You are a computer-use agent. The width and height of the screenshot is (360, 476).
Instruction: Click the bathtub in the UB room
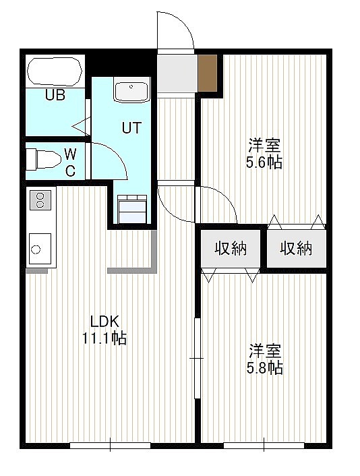pyautogui.click(x=55, y=71)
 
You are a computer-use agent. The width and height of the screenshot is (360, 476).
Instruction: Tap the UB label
pyautogui.click(x=55, y=95)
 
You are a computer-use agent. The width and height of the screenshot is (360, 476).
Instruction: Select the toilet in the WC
pyautogui.click(x=43, y=159)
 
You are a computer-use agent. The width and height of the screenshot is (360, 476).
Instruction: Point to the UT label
pyautogui.click(x=131, y=128)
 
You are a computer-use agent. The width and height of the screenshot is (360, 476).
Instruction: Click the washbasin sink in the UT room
pyautogui.click(x=131, y=90)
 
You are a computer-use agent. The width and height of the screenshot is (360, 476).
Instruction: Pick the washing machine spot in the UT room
pyautogui.click(x=132, y=209)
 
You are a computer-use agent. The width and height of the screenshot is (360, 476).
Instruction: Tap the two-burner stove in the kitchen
pyautogui.click(x=40, y=200)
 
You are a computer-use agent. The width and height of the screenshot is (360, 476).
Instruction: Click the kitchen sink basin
pyautogui.click(x=40, y=249)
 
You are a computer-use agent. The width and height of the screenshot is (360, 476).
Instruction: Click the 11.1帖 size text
pyautogui.click(x=104, y=338)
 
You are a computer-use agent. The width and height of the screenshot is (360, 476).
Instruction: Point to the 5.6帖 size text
pyautogui.click(x=264, y=162)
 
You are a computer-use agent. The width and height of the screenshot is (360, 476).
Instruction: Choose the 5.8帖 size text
pyautogui.click(x=265, y=368)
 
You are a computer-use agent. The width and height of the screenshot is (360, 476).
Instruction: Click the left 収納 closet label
pyautogui.click(x=231, y=249)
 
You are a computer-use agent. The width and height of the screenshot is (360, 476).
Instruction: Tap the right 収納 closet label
pyautogui.click(x=296, y=249)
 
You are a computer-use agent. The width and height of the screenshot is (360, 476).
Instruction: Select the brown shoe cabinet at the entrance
pyautogui.click(x=208, y=73)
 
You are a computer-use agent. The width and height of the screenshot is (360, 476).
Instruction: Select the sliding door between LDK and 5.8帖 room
pyautogui.click(x=197, y=358)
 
